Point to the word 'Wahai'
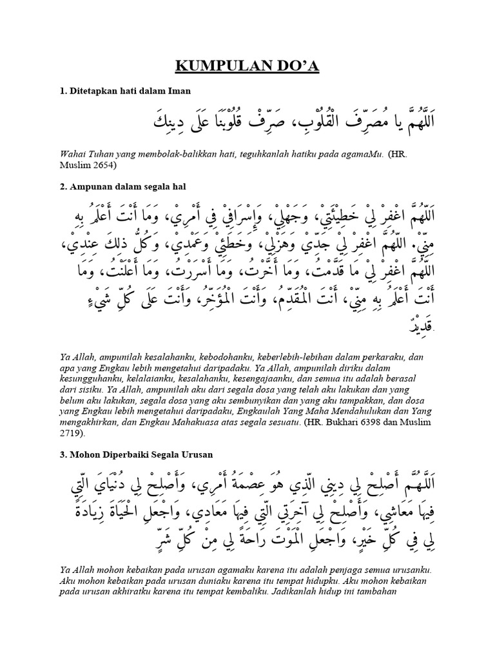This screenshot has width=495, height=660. [71, 154]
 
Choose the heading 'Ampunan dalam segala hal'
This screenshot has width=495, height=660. [126, 187]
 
